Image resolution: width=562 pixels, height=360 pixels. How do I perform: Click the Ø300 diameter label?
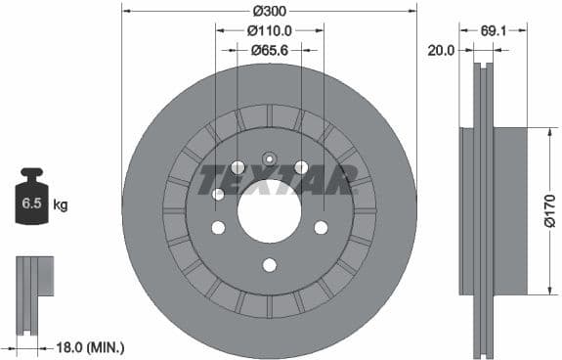tap(269, 12)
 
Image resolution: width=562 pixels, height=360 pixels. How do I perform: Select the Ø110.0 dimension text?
tap(270, 31)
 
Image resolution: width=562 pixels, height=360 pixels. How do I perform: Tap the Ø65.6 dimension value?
tap(269, 50)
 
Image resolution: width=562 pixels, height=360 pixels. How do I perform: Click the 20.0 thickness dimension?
tap(442, 50)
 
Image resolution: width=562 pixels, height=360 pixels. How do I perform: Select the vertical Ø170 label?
tap(550, 210)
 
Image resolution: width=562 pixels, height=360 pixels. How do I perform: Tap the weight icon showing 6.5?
tap(31, 201)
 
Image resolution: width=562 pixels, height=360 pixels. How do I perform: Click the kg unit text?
tap(61, 204)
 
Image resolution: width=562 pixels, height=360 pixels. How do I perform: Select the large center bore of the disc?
tap(270, 210)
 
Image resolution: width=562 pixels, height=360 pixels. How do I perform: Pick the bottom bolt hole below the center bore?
tap(270, 265)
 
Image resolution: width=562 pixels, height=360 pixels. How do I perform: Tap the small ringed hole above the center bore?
tap(270, 157)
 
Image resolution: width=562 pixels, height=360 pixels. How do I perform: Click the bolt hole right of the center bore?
tap(321, 227)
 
